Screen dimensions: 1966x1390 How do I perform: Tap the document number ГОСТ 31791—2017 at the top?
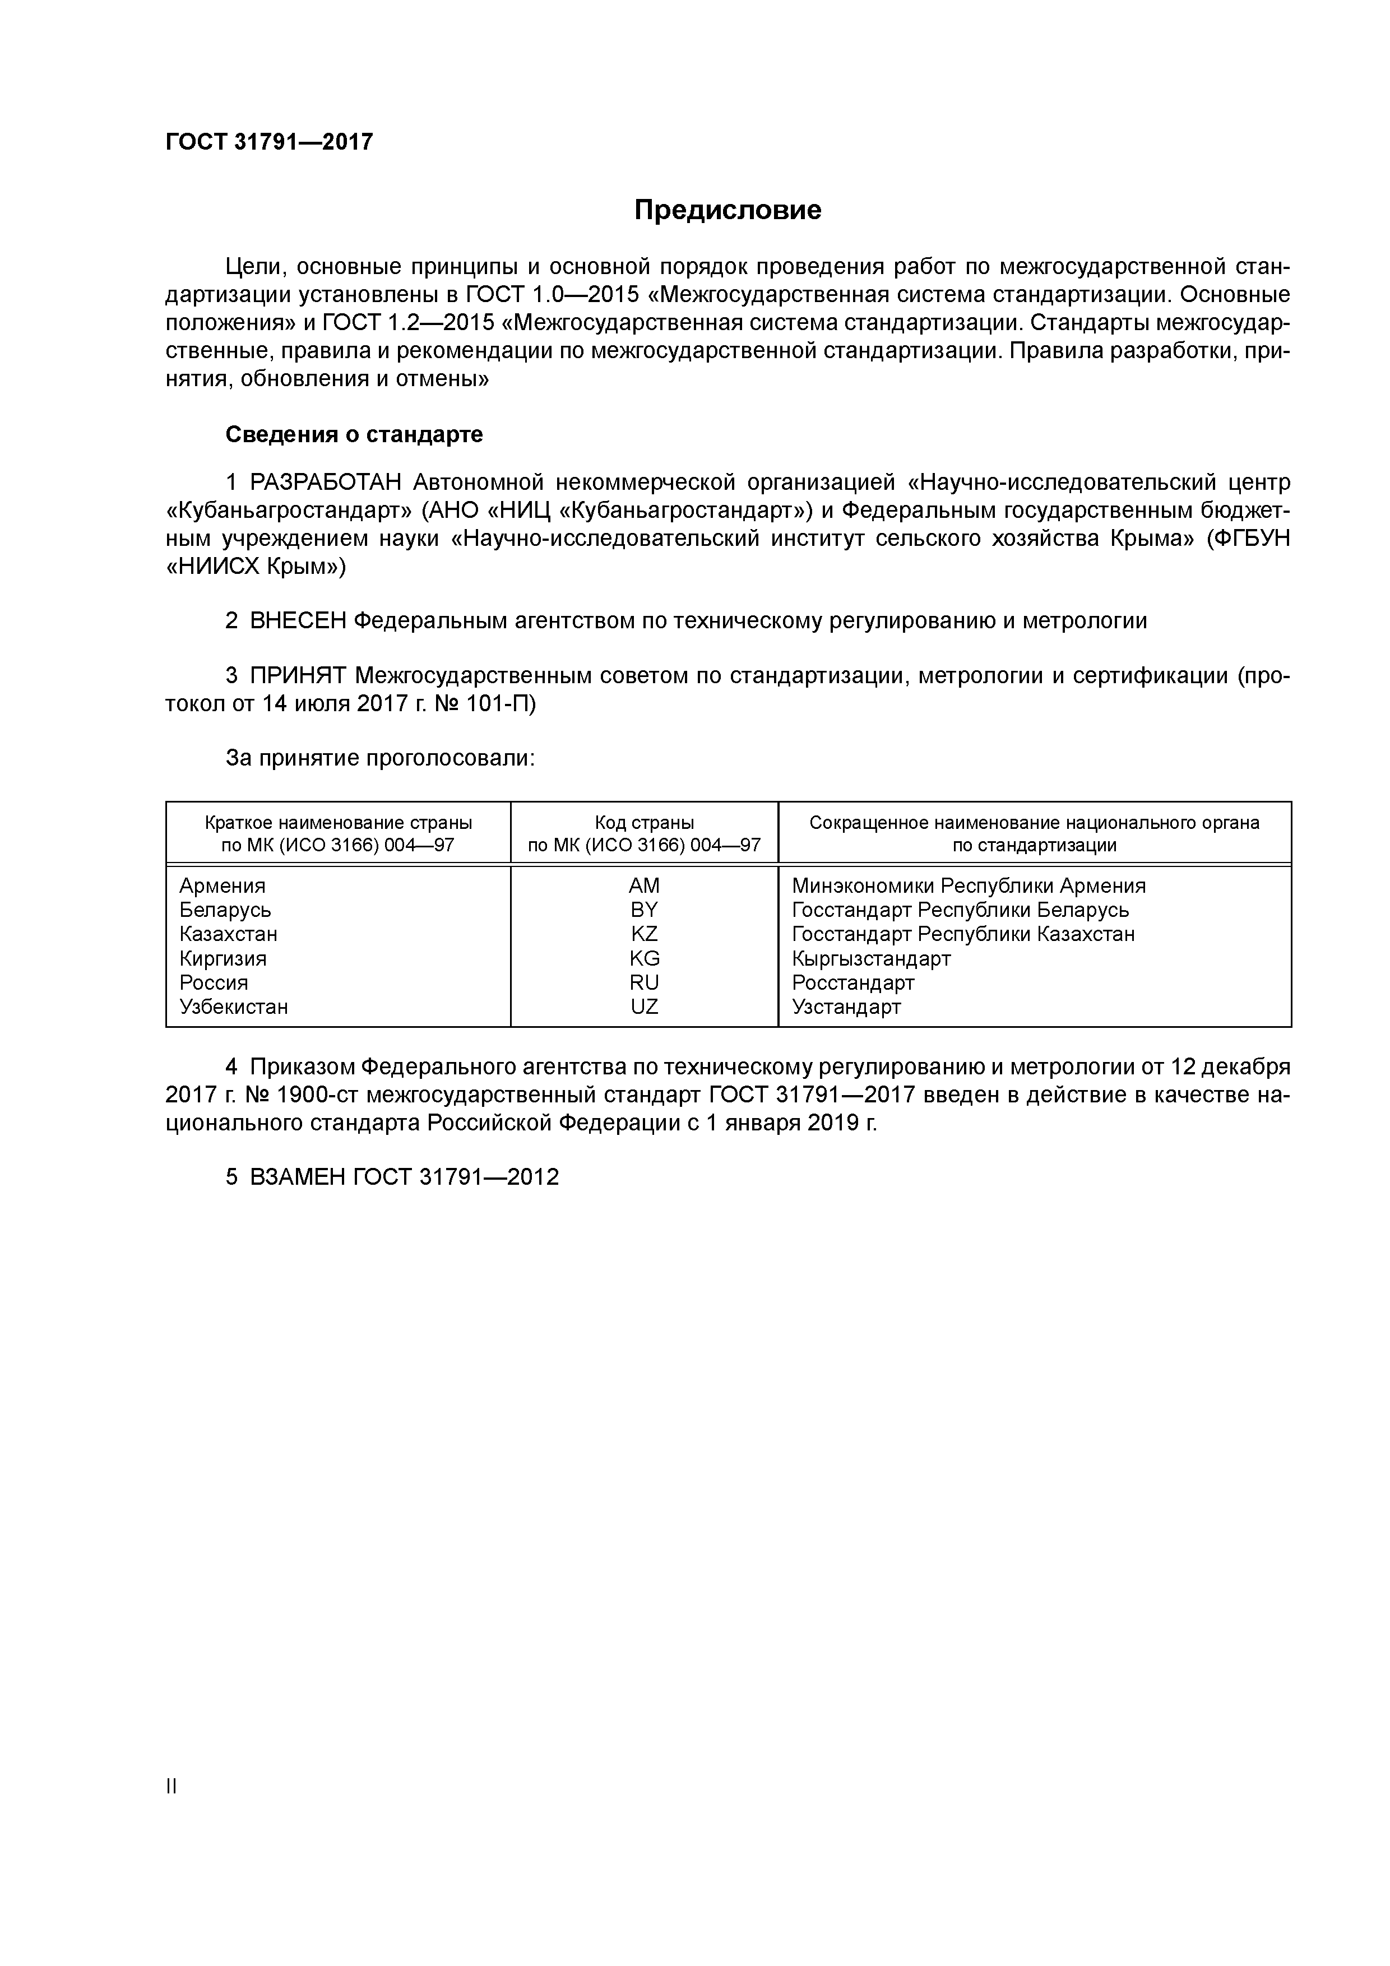click(x=269, y=141)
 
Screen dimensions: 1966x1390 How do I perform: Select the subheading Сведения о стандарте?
click(x=354, y=434)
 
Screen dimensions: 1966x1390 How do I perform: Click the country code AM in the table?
click(x=644, y=885)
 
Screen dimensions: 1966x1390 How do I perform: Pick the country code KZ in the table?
click(x=644, y=933)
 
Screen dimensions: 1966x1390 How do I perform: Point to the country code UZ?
click(x=644, y=1006)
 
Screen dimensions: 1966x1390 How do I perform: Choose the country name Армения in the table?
click(x=223, y=885)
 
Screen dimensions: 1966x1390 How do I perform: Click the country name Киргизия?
click(x=223, y=958)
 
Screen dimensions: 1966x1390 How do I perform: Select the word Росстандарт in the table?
click(x=853, y=982)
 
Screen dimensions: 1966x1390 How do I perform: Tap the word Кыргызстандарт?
click(x=871, y=958)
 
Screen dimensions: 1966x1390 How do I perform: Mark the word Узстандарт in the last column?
click(x=846, y=1006)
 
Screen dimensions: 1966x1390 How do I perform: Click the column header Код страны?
click(x=644, y=823)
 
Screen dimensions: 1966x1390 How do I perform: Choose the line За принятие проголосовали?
click(x=379, y=758)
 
